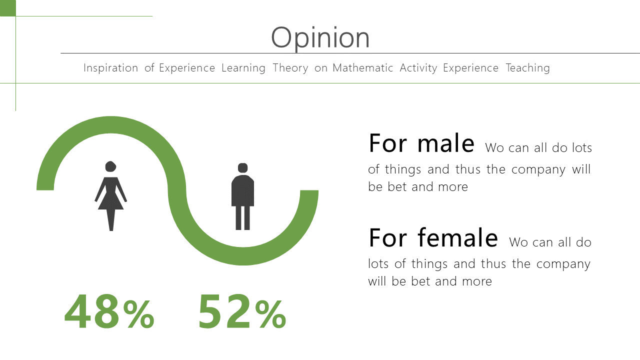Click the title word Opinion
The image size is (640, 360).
pos(320,37)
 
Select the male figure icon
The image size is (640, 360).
pos(242,196)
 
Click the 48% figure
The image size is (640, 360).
pos(109,311)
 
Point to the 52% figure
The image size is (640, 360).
pos(242,311)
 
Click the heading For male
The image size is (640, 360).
pos(421,143)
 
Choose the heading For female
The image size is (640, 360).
pos(433,237)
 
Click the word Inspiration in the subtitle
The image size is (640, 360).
pos(111,68)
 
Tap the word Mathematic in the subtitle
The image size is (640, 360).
pos(363,68)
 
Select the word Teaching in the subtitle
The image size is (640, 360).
pos(527,68)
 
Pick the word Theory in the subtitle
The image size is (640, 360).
pos(290,68)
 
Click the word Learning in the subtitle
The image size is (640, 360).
pos(243,68)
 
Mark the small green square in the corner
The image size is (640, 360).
pos(7,8)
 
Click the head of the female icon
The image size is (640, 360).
pos(110,166)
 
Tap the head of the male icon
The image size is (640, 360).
pos(242,168)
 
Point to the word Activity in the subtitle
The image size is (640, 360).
pos(418,68)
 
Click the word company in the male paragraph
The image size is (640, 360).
pos(538,170)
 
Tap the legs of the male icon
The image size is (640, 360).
pos(242,217)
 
